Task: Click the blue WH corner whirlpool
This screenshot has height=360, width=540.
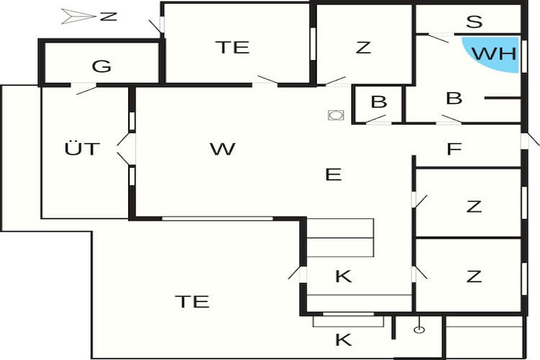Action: pyautogui.click(x=496, y=53)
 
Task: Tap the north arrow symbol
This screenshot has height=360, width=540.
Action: pyautogui.click(x=78, y=17)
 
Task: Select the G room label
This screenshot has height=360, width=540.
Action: pyautogui.click(x=102, y=66)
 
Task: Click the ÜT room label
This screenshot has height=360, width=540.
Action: pyautogui.click(x=82, y=148)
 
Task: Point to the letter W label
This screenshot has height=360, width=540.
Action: pyautogui.click(x=222, y=149)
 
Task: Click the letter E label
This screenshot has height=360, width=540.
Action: pyautogui.click(x=333, y=175)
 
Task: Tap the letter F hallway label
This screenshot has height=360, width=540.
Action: pyautogui.click(x=454, y=149)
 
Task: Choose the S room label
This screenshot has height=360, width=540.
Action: pyautogui.click(x=474, y=22)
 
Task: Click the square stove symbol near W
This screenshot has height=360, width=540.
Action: pyautogui.click(x=336, y=115)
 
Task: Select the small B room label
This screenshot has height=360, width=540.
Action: pyautogui.click(x=379, y=102)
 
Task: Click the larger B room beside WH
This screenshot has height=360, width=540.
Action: pyautogui.click(x=454, y=98)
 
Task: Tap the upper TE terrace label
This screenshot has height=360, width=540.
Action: pyautogui.click(x=233, y=48)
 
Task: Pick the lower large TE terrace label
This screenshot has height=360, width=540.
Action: pyautogui.click(x=192, y=302)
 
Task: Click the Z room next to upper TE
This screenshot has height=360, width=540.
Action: pyautogui.click(x=363, y=48)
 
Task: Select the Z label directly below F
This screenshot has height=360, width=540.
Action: pyautogui.click(x=474, y=207)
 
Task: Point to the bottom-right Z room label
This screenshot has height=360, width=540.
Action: pyautogui.click(x=474, y=276)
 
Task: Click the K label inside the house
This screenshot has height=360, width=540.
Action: pyautogui.click(x=343, y=276)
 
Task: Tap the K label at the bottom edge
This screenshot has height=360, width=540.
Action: pyautogui.click(x=343, y=340)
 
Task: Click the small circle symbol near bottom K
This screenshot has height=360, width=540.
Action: pyautogui.click(x=419, y=330)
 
